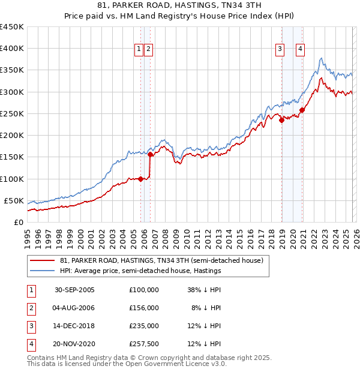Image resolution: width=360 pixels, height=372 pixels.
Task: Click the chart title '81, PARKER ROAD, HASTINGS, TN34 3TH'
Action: [x=179, y=6]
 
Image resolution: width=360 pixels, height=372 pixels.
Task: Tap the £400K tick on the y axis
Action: [x=12, y=49]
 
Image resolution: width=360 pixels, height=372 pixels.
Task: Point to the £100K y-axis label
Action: [x=12, y=179]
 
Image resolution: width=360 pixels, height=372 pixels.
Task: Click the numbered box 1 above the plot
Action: [x=139, y=49]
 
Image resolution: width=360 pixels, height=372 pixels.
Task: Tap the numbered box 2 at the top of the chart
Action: [x=148, y=49]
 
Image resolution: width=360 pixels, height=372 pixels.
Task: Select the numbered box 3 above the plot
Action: [x=280, y=49]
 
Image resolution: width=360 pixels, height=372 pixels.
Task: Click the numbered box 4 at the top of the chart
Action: [x=299, y=49]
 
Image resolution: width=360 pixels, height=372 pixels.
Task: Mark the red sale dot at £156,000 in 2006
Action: [x=150, y=154]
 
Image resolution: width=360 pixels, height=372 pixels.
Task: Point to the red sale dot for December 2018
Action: [x=281, y=120]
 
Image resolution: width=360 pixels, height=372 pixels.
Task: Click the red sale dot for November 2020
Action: [x=302, y=110]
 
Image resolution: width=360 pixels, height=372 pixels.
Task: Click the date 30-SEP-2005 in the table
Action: [x=74, y=290]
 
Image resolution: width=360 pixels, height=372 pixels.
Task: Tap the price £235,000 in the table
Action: [x=144, y=326]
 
